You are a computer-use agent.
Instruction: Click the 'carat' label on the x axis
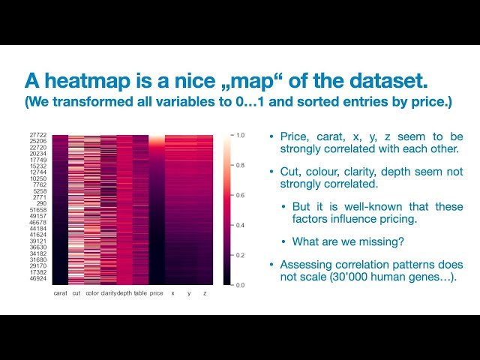[x=61, y=293]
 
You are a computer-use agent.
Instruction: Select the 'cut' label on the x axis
[x=76, y=293]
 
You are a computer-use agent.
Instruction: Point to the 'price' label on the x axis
[x=156, y=293]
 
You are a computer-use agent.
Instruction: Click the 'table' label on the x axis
[x=140, y=293]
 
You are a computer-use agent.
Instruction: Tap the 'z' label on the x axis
[x=205, y=293]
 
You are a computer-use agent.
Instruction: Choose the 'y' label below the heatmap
[x=189, y=293]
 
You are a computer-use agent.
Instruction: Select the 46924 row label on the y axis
[x=39, y=277]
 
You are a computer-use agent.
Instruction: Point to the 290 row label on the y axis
[x=42, y=204]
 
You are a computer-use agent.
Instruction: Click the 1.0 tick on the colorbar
[x=239, y=136]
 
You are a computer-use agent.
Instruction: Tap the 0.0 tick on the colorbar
[x=239, y=285]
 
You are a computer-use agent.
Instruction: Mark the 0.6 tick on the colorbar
[x=239, y=196]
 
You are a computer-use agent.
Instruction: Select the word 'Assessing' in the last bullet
[x=304, y=265]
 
